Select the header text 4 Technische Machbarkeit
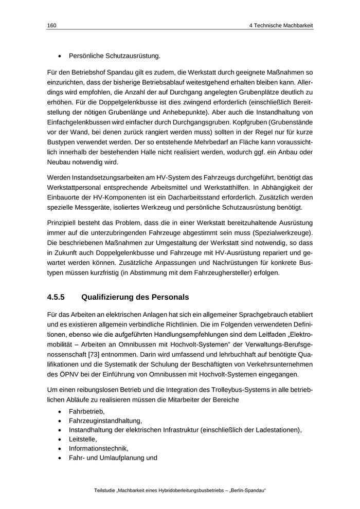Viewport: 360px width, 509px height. tap(280, 25)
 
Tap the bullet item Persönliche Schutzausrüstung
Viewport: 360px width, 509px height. tap(115, 55)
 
